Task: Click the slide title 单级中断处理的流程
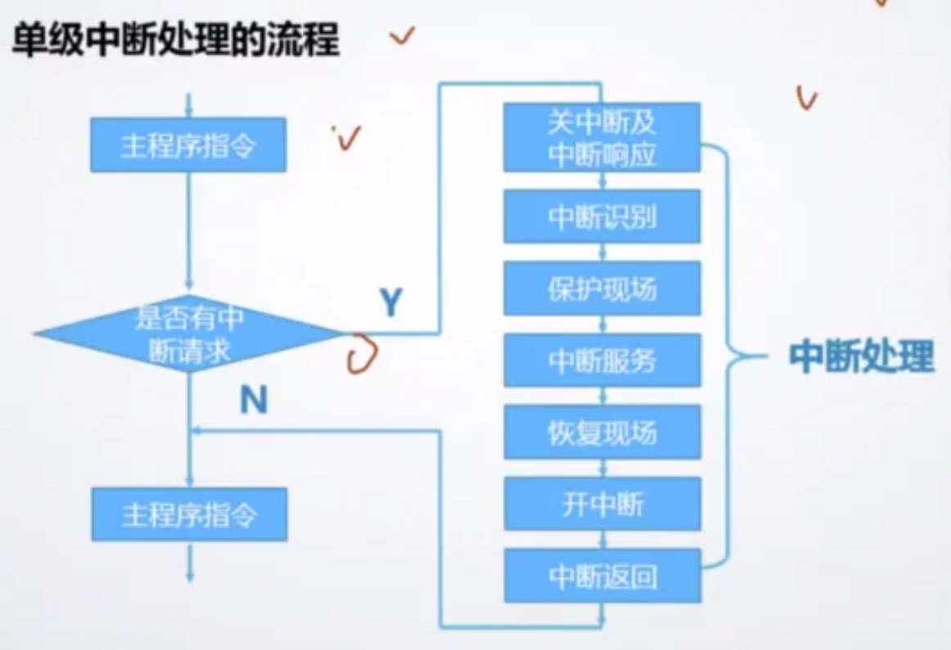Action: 175,39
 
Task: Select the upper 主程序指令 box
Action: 188,145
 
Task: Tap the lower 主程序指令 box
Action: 189,514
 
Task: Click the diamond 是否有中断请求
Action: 189,334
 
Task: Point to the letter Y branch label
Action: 391,303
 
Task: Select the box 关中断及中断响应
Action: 602,137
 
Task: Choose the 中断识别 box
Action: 602,217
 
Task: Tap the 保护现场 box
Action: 602,289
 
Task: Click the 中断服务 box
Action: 602,360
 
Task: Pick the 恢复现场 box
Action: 602,432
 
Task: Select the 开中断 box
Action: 602,504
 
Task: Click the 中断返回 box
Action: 602,576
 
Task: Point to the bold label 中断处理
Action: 861,357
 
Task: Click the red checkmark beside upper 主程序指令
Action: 348,139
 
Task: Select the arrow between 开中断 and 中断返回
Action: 602,540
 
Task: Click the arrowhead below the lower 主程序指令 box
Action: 189,574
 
